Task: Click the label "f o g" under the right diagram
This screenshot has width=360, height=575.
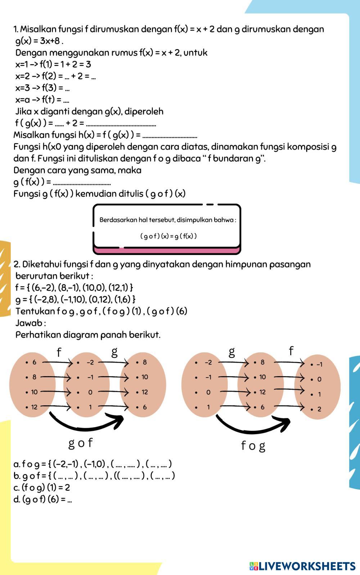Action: (x=253, y=446)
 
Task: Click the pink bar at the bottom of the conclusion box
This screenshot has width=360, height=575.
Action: (x=167, y=250)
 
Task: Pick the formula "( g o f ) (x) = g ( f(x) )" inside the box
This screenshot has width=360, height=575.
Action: (x=168, y=236)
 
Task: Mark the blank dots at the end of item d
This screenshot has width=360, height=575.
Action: (x=69, y=500)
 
